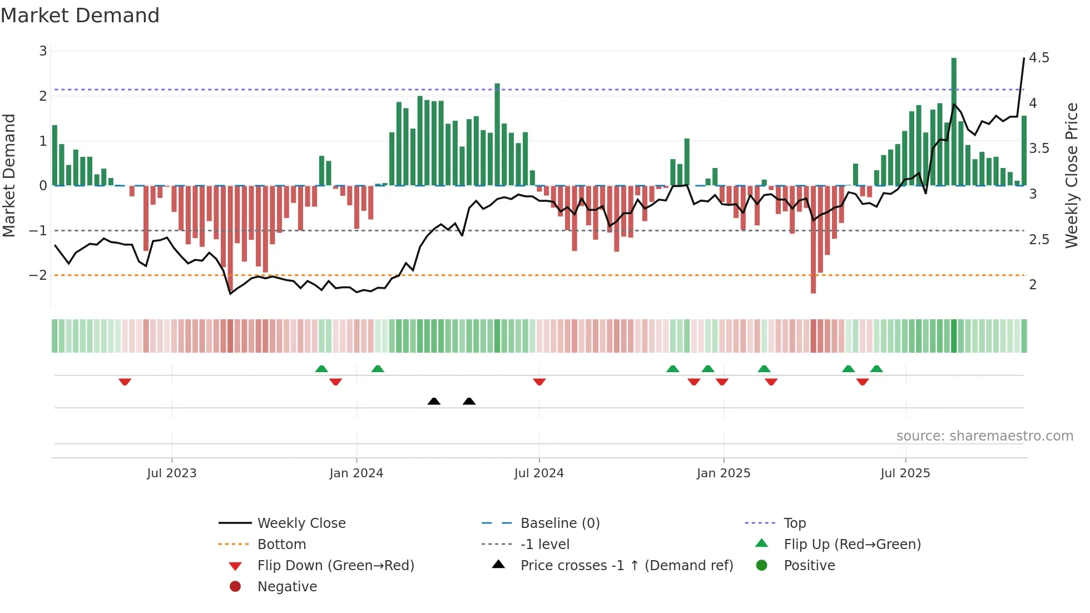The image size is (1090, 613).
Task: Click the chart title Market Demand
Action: pyautogui.click(x=80, y=16)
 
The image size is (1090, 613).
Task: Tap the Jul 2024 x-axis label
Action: pyautogui.click(x=538, y=473)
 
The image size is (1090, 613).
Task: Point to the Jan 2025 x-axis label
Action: pyautogui.click(x=723, y=473)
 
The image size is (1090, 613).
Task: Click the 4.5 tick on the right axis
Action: pyautogui.click(x=1038, y=58)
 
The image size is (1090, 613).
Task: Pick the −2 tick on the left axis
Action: pyautogui.click(x=38, y=275)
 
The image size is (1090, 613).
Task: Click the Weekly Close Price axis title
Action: pyautogui.click(x=1072, y=175)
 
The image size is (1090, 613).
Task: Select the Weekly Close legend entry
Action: pyautogui.click(x=301, y=523)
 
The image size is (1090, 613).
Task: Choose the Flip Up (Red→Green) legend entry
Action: pyautogui.click(x=851, y=545)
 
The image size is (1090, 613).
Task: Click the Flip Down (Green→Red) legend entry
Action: pyautogui.click(x=335, y=566)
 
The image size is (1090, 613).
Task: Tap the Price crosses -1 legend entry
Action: pyautogui.click(x=626, y=566)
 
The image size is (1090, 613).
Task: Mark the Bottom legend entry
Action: pyautogui.click(x=281, y=545)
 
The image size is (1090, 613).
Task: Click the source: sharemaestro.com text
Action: pyautogui.click(x=984, y=436)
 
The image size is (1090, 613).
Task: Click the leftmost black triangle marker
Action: pyautogui.click(x=434, y=401)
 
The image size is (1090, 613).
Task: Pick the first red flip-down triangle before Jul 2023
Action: pyautogui.click(x=125, y=382)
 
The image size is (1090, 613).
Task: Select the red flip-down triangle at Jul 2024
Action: pyautogui.click(x=539, y=382)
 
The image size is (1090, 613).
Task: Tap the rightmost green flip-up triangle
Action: pyautogui.click(x=876, y=369)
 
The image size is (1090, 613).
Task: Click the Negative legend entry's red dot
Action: pyautogui.click(x=235, y=587)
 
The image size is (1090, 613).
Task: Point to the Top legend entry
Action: pyautogui.click(x=794, y=523)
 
